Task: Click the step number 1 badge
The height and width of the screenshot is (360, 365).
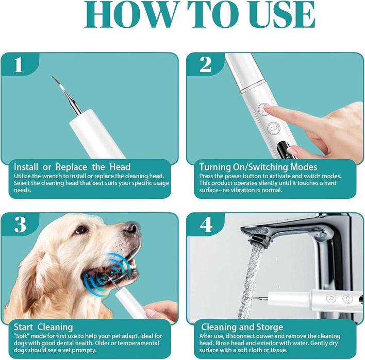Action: pyautogui.click(x=19, y=64)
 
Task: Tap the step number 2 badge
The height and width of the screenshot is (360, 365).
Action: pyautogui.click(x=205, y=64)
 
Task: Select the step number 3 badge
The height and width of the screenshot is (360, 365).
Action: pyautogui.click(x=20, y=225)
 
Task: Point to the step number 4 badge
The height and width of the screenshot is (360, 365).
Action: pyautogui.click(x=206, y=225)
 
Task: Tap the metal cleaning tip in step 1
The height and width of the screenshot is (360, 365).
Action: pyautogui.click(x=67, y=96)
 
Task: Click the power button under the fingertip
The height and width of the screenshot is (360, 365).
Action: pyautogui.click(x=263, y=109)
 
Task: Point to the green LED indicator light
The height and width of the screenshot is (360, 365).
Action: pyautogui.click(x=287, y=155)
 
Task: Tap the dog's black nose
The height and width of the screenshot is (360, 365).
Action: pyautogui.click(x=131, y=228)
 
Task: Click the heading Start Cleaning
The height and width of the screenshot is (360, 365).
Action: pyautogui.click(x=43, y=327)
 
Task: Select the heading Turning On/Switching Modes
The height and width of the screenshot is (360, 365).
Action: pyautogui.click(x=258, y=167)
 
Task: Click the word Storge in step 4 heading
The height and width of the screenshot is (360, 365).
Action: pyautogui.click(x=270, y=328)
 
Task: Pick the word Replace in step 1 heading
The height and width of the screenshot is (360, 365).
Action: pyautogui.click(x=72, y=167)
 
